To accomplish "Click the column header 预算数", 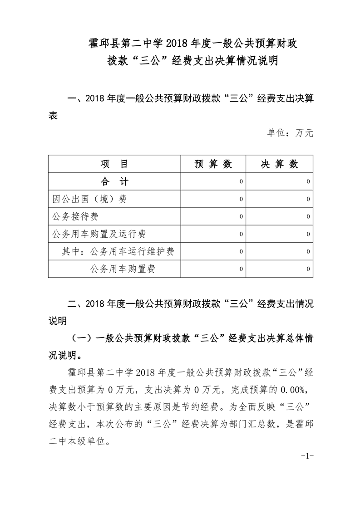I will point(213,164).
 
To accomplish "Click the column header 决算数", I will point(279,164).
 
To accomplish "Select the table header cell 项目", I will point(114,164).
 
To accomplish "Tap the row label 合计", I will point(114,182).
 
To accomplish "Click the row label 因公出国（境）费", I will point(89,199).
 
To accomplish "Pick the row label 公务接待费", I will point(76,216).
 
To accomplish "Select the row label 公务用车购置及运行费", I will point(99,234).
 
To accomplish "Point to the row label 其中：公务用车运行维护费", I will point(118,251).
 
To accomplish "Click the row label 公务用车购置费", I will point(123,269).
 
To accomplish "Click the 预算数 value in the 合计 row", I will point(241,182).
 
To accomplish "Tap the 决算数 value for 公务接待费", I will point(308,217).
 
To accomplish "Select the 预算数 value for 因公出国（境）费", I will point(241,199).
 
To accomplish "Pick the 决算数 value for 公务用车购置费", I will point(308,269).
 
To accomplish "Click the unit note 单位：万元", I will point(290,133).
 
